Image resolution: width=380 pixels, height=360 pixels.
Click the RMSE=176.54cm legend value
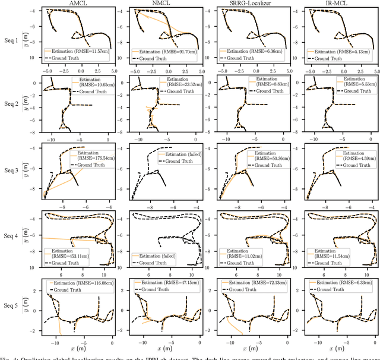(x=87, y=159)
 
